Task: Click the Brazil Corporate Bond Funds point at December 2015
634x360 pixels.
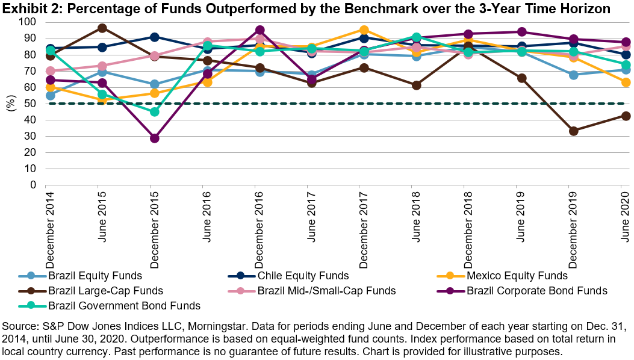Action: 155,138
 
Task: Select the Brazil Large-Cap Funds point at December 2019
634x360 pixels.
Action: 574,131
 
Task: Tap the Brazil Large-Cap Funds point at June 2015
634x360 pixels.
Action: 102,28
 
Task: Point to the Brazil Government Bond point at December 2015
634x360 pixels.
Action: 155,111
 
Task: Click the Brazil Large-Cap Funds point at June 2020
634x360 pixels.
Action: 626,116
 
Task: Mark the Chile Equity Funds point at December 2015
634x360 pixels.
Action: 155,37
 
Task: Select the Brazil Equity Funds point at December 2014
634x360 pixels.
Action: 50,95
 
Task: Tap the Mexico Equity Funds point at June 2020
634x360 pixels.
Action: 626,82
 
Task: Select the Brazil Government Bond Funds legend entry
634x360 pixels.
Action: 111,305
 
